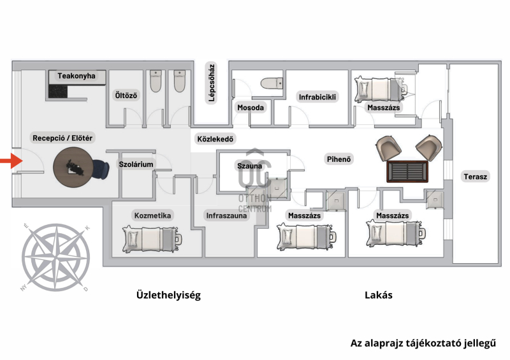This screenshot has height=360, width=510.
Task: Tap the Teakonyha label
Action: pos(76,76)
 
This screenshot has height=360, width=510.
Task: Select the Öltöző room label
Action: pos(126,96)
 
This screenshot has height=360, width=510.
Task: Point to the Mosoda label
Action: pos(251,108)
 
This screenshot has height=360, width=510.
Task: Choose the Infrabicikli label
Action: pos(317,97)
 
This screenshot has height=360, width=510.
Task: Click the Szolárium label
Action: pos(136,164)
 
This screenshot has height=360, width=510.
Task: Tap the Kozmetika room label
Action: pos(153,215)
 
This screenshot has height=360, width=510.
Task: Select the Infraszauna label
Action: pos(227,215)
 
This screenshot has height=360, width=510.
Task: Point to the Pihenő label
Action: pos(340,159)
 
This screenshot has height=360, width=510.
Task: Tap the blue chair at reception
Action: pos(100,169)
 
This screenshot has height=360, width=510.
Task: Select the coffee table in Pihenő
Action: pos(408,171)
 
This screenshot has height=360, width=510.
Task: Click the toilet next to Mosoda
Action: pos(271,84)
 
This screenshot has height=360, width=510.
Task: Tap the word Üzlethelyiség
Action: pos(168,295)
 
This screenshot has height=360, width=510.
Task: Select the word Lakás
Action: pos(378,295)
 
